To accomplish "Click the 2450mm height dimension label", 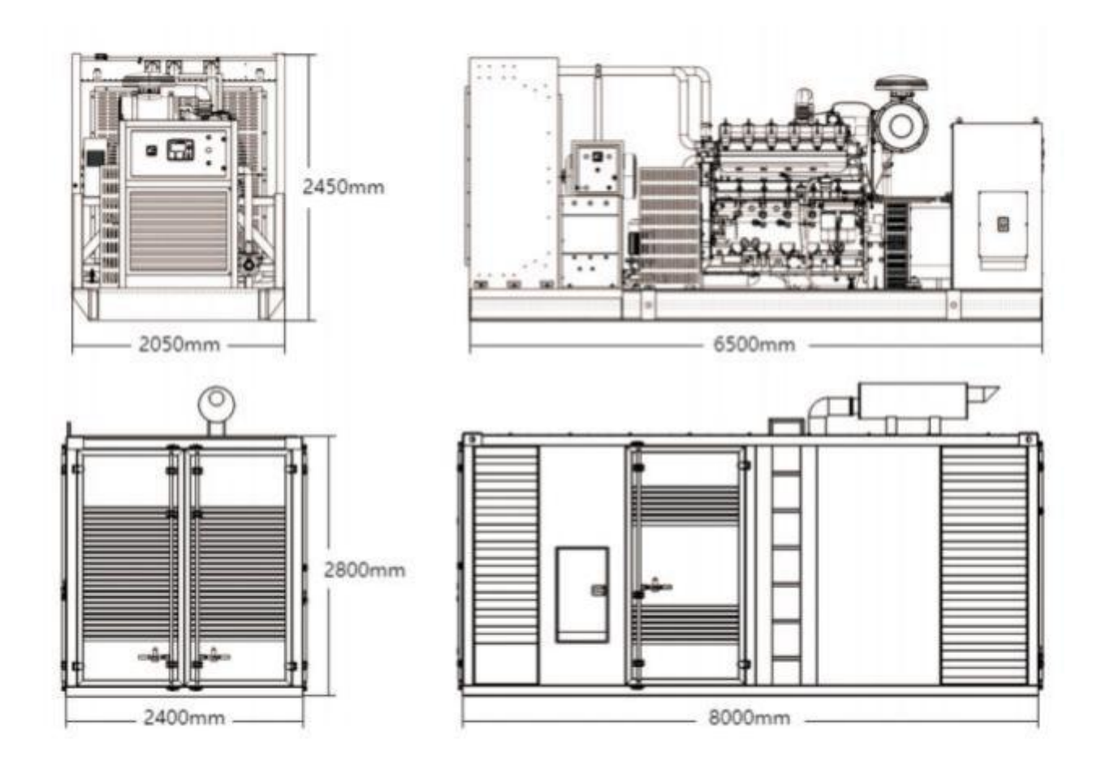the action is tap(343, 187).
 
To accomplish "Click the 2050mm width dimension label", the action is tap(179, 344).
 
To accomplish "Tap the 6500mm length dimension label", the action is tap(754, 344).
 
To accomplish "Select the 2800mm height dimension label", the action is tap(365, 570).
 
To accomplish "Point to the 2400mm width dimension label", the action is tap(184, 717).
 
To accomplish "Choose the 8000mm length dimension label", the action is tap(750, 717).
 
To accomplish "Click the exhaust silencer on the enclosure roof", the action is tap(914, 400).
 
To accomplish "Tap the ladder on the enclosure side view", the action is tap(786, 564).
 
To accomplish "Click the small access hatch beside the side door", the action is tap(582, 595).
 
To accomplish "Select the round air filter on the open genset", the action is tap(901, 126).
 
